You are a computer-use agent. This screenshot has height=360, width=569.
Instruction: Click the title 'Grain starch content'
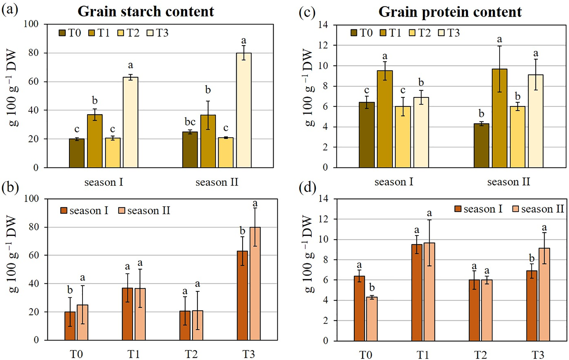[x=146, y=11]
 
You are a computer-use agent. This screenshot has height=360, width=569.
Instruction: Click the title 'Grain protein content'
[x=450, y=12]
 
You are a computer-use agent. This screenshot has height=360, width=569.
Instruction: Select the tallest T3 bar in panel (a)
[x=244, y=110]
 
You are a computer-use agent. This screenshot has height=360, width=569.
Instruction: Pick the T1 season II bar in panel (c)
[x=499, y=118]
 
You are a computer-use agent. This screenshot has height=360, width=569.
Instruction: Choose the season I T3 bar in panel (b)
[x=242, y=295]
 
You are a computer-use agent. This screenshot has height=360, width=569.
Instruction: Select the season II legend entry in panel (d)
[x=538, y=209]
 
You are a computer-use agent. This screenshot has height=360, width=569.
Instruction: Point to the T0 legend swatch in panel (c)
[x=354, y=33]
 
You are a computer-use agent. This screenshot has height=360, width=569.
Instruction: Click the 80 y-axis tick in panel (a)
[x=34, y=53]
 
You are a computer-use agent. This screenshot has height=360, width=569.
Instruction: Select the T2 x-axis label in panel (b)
[x=191, y=354]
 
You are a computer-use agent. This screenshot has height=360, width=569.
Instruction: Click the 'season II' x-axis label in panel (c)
[x=509, y=182]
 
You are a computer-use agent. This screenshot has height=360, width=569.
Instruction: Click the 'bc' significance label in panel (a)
[x=190, y=122]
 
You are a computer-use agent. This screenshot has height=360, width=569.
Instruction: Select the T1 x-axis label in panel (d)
[x=423, y=355]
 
